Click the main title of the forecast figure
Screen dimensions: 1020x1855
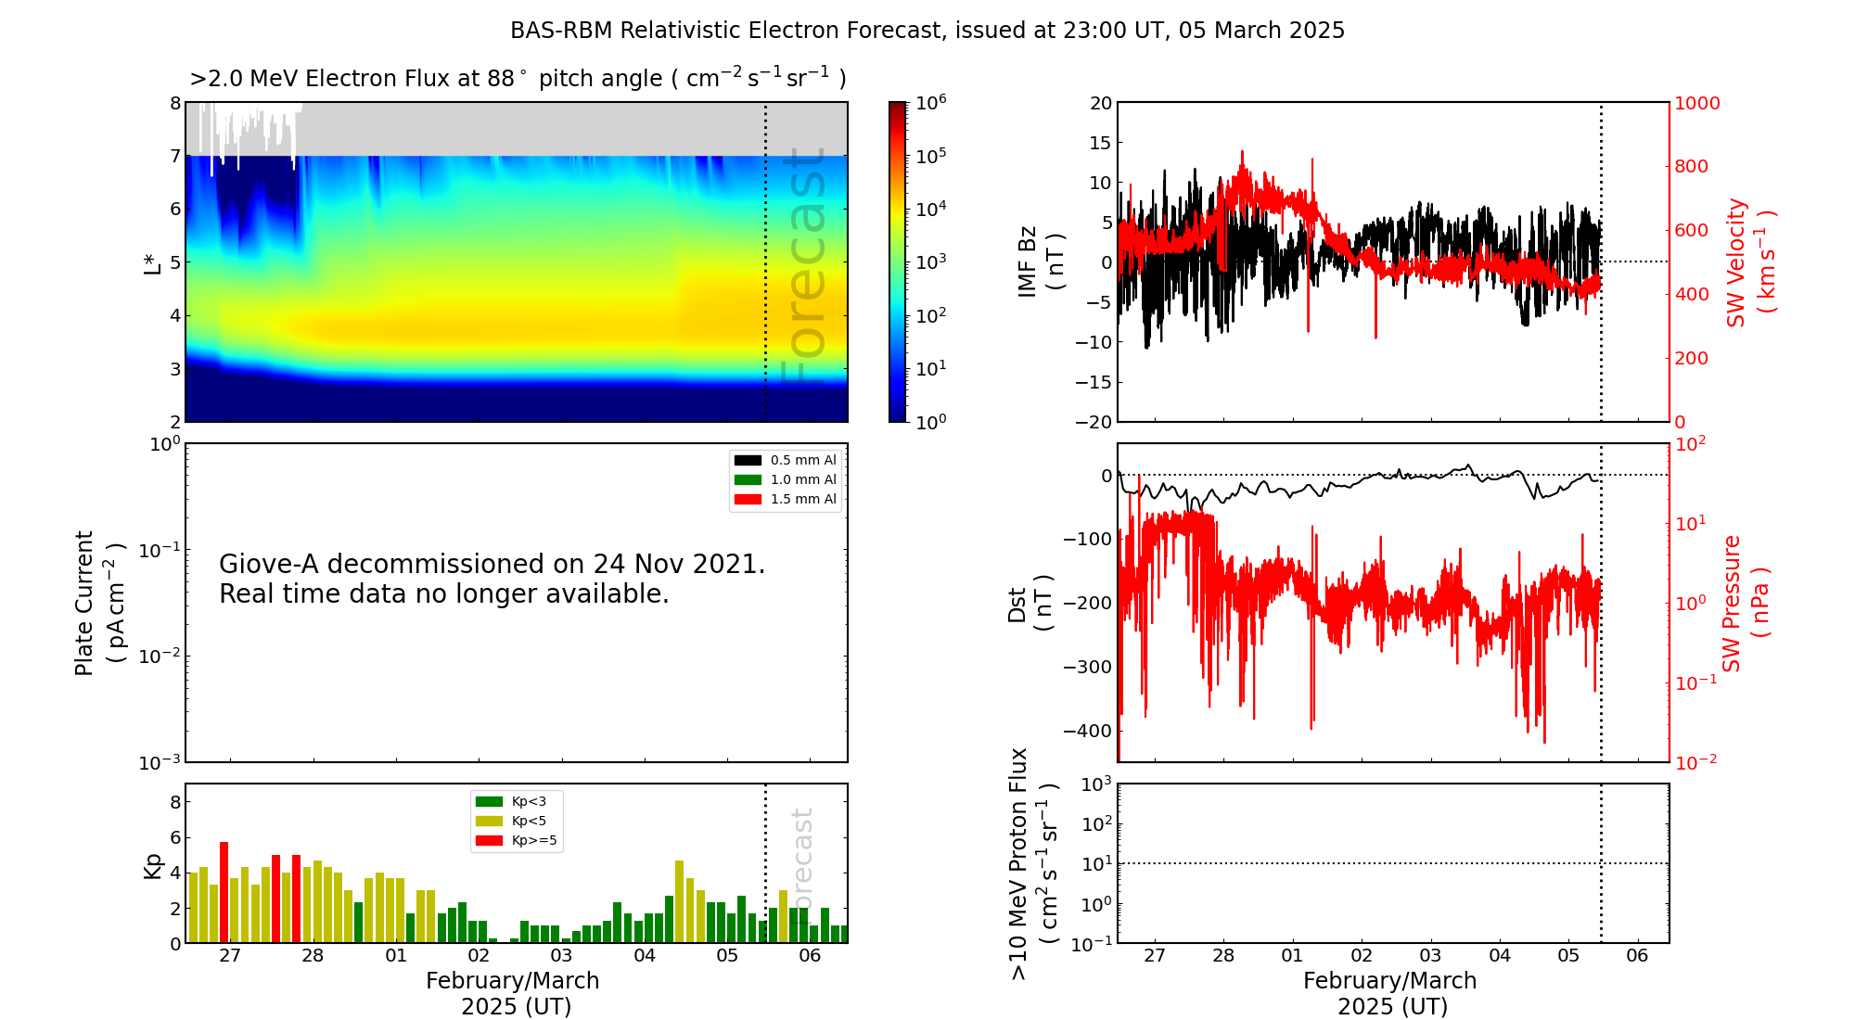927,31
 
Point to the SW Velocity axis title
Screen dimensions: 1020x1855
1749,262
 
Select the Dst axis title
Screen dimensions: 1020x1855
1030,604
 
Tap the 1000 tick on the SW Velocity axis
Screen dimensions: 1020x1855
1696,103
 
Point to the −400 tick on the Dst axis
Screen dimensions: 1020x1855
1087,731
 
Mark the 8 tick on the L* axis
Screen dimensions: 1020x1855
175,103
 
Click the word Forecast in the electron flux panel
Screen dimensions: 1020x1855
803,269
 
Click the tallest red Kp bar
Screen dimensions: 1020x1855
224,892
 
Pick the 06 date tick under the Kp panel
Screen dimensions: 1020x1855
810,956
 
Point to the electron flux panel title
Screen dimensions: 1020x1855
518,79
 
